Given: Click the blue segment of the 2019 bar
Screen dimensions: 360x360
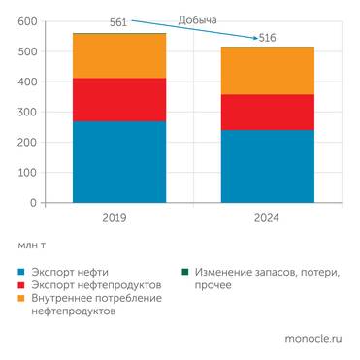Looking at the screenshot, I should (118, 161).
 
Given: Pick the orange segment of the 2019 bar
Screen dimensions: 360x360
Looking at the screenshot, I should (118, 56).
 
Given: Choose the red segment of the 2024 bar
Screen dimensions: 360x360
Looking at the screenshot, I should (267, 112).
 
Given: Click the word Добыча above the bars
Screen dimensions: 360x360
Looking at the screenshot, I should (198, 18).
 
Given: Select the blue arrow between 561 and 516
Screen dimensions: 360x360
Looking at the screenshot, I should (194, 29).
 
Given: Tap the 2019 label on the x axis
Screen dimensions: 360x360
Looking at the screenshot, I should (116, 219).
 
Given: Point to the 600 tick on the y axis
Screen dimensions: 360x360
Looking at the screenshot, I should (27, 22).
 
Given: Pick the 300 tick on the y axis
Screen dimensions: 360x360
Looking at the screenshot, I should (27, 113).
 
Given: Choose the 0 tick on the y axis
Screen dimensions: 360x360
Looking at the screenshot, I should (33, 203).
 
